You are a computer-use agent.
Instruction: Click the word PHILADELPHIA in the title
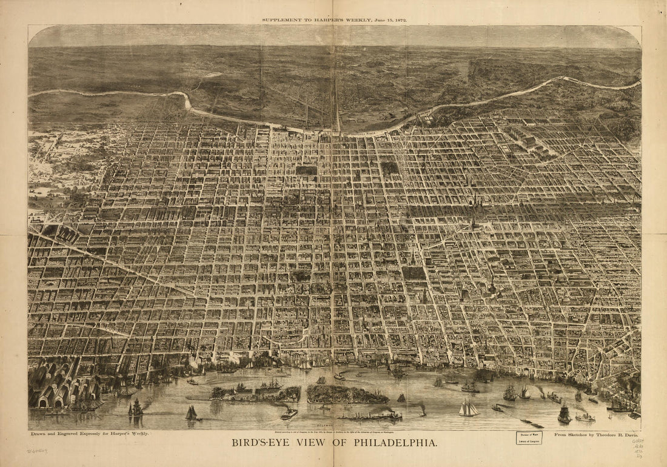coord(388,443)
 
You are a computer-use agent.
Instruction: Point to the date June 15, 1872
coord(386,20)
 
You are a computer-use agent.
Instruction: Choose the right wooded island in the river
coord(346,395)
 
